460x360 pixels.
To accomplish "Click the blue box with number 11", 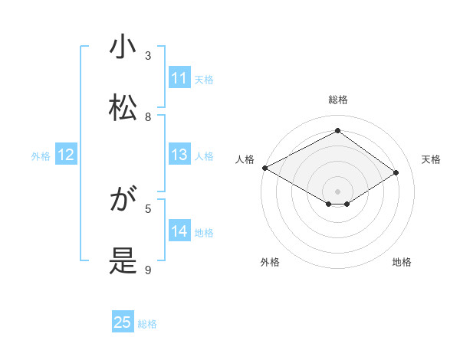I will pos(179,78).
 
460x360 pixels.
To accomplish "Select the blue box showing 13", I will pos(179,155).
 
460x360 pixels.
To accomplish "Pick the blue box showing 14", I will pos(179,231).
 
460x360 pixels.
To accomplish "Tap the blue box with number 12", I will pos(66,155).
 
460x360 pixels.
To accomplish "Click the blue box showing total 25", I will pos(123,322).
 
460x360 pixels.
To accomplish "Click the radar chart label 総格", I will pos(337,100).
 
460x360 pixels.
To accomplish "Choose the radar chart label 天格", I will pos(431,159).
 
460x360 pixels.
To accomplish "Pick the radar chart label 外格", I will pos(270,262).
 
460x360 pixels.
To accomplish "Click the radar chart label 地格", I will pos(402,262).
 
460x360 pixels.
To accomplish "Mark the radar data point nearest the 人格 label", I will pos(264,167).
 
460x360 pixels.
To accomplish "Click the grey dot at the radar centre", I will pos(337,191).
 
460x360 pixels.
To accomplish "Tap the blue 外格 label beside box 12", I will pos(41,155).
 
